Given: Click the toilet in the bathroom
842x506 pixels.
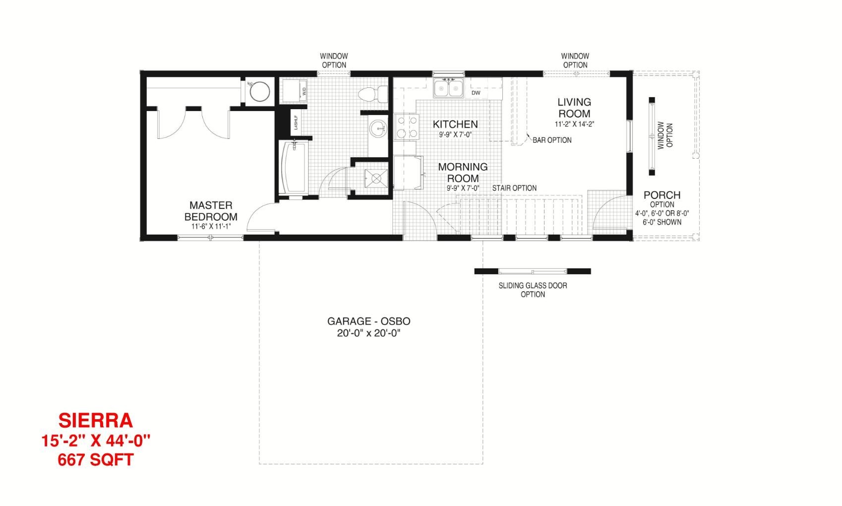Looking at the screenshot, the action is (x=372, y=94).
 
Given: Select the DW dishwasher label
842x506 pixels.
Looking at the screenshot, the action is (x=476, y=93).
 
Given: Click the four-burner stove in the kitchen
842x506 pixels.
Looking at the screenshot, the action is (x=406, y=126).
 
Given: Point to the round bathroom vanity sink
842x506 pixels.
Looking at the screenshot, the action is (x=378, y=129).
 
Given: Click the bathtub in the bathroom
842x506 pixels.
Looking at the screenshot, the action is (x=294, y=167).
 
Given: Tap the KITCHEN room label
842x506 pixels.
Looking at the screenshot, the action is (x=455, y=124).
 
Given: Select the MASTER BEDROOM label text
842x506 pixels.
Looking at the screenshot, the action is (x=210, y=211).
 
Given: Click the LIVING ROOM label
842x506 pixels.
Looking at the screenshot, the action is (x=574, y=108).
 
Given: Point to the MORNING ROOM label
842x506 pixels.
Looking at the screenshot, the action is (x=463, y=173).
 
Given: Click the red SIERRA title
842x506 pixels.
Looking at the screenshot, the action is (x=96, y=421).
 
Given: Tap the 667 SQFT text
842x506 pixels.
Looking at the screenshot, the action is (x=96, y=460).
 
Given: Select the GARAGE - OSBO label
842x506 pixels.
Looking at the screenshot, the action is (x=369, y=321).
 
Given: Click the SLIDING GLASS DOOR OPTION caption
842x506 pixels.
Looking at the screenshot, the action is (x=533, y=290).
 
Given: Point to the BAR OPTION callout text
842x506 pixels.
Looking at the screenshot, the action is (x=552, y=140).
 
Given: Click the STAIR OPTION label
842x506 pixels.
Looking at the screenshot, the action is (x=514, y=188).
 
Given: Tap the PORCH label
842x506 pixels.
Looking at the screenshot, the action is (x=662, y=195).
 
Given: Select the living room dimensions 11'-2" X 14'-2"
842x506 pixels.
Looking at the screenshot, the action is (x=574, y=124).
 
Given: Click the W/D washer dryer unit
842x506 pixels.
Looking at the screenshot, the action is (x=295, y=90).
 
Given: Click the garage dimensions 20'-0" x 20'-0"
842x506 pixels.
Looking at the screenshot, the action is (x=369, y=333).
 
